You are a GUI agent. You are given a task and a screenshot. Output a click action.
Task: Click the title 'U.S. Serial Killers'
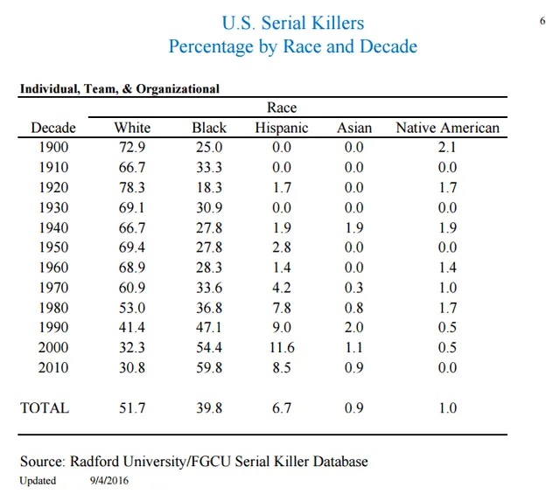point(293,23)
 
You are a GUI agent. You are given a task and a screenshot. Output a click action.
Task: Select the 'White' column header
point(132,128)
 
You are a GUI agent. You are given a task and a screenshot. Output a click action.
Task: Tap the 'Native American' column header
point(447,128)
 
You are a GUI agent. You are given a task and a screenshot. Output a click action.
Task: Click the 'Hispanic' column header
point(282,128)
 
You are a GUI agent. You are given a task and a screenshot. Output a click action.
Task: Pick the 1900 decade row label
point(54,147)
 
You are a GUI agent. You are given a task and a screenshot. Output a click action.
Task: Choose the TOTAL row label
point(45,407)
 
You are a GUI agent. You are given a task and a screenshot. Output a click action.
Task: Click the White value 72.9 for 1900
point(131,147)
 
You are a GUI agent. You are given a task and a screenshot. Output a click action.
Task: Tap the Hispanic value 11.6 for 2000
point(282,347)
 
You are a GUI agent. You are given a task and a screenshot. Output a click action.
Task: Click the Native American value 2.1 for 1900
point(447,147)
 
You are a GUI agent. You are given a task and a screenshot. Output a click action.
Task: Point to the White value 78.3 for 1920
point(131,187)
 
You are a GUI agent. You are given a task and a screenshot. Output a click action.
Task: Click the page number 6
point(542,19)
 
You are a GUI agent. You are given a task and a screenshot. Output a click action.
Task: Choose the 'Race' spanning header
point(282,108)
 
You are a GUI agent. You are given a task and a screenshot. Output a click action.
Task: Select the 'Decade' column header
point(53,128)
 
